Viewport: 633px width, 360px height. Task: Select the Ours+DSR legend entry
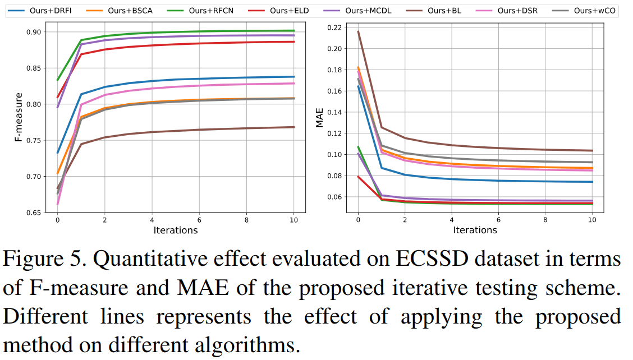click(x=508, y=11)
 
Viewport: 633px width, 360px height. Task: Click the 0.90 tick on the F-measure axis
click(x=35, y=32)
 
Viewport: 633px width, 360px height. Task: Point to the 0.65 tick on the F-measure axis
click(x=35, y=213)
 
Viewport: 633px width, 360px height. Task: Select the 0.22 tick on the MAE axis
click(x=334, y=27)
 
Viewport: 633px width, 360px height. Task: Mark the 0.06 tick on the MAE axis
click(x=334, y=197)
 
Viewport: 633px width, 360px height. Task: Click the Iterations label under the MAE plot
click(x=475, y=230)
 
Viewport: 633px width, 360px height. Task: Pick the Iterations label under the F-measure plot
click(x=175, y=230)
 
